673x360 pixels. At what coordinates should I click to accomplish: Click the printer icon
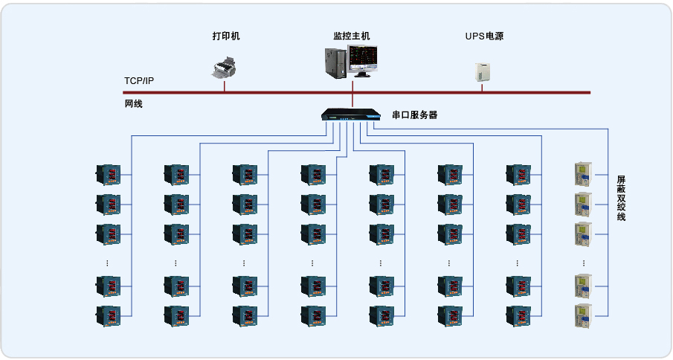224,68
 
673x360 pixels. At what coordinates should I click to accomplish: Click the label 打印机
226,36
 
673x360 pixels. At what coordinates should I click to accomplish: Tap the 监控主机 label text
352,36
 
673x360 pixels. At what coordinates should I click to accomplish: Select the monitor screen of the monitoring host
364,59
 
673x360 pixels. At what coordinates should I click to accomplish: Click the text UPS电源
484,36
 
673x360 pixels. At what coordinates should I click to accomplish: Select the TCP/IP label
139,81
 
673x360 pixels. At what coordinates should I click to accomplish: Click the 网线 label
133,104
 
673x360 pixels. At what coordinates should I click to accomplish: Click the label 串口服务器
414,115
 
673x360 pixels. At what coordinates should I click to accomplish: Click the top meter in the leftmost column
108,175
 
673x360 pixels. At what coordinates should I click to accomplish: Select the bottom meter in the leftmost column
108,315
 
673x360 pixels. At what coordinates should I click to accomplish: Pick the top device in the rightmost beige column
582,175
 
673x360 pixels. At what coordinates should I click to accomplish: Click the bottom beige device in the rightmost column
582,315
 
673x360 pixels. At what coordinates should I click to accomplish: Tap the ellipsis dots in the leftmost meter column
108,263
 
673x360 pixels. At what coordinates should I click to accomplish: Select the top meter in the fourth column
313,175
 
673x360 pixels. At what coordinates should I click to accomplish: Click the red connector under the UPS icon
482,88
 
